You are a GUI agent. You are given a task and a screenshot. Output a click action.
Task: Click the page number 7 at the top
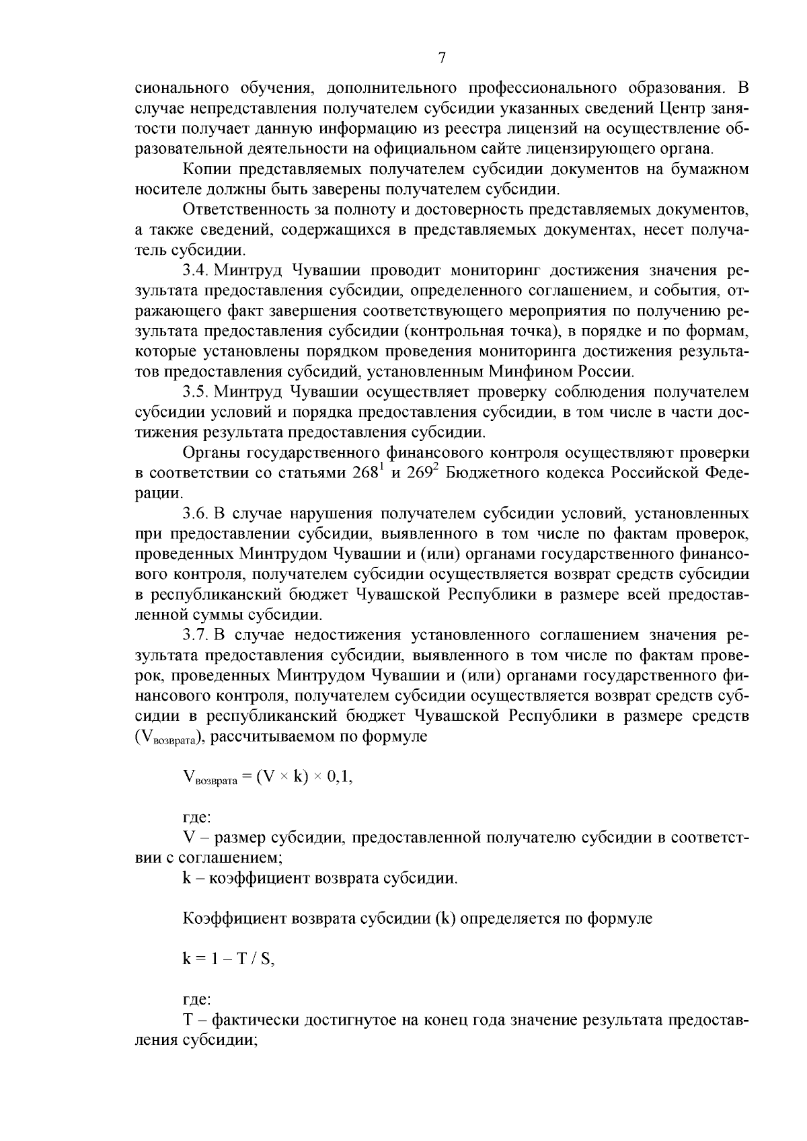pyautogui.click(x=442, y=58)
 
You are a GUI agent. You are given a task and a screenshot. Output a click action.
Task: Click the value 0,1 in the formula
pyautogui.click(x=338, y=778)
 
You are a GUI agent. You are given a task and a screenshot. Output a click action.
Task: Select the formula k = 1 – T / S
pyautogui.click(x=229, y=959)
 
